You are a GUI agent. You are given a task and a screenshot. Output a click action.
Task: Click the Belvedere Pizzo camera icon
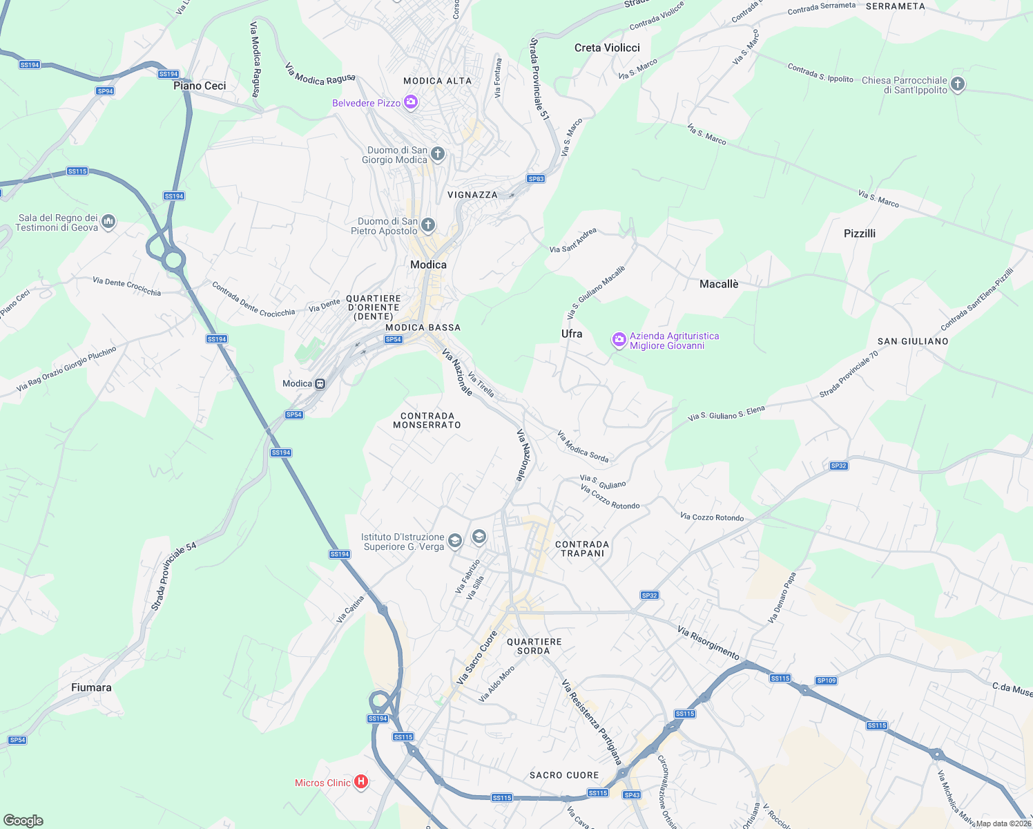point(411,103)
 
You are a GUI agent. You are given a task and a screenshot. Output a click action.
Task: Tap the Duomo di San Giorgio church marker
point(438,153)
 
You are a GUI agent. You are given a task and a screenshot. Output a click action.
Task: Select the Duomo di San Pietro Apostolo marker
point(428,225)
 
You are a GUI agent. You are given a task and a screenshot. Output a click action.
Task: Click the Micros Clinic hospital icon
point(360,782)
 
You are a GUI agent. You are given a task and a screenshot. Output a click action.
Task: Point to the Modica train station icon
point(320,384)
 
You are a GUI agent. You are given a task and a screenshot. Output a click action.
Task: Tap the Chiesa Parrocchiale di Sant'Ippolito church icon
point(957,84)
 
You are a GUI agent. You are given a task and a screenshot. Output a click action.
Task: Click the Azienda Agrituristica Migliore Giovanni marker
point(619,340)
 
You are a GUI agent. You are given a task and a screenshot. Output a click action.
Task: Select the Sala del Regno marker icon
point(108,222)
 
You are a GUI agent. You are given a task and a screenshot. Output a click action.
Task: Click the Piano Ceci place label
point(200,86)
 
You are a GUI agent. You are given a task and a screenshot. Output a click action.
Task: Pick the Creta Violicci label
point(607,48)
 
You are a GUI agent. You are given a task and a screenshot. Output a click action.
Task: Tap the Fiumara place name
point(91,687)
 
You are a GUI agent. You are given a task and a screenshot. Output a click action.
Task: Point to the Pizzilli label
point(860,234)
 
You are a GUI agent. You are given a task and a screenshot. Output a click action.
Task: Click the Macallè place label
point(719,284)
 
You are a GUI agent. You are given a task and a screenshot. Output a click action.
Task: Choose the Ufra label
point(572,334)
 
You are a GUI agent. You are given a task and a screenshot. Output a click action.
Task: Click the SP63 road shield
point(536,179)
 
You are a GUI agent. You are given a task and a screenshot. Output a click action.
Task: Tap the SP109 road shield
point(827,680)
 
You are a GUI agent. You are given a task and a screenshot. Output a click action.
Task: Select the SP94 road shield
point(105,91)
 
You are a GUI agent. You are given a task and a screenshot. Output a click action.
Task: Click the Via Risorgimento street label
point(708,642)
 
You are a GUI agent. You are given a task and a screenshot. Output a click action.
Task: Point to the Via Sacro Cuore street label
point(476,658)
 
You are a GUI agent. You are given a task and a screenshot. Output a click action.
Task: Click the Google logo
point(23,821)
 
